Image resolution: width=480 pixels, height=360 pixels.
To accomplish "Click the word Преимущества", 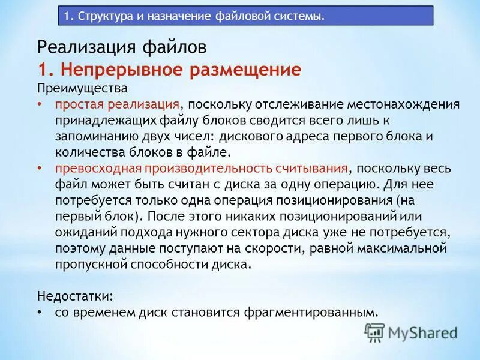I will click(x=82, y=88).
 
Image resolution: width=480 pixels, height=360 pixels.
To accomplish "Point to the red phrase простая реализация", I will click(x=117, y=104).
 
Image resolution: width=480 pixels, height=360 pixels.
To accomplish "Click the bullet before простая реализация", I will click(x=40, y=104).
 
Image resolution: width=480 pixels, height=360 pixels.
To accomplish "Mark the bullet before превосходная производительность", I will click(x=40, y=167).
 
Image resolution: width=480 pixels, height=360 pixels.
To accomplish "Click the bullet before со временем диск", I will click(x=40, y=312).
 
